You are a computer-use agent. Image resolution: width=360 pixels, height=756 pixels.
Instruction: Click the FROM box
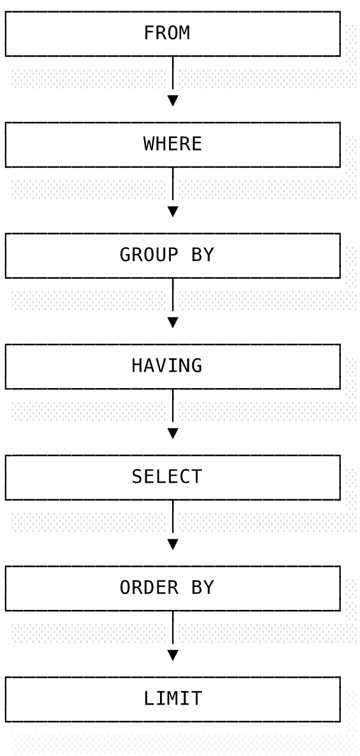pos(173,34)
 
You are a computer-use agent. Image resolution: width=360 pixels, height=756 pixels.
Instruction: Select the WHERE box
pos(173,145)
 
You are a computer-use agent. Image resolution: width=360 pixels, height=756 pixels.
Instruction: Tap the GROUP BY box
pos(173,255)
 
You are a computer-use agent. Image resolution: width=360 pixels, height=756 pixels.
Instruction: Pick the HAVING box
pos(173,367)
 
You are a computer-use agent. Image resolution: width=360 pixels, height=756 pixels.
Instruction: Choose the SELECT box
pos(173,477)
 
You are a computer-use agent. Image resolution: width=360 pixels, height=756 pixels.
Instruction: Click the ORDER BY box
pos(173,588)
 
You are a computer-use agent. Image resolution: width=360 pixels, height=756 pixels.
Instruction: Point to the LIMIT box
pos(173,699)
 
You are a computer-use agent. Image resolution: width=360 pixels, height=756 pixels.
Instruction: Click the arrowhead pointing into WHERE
pos(173,101)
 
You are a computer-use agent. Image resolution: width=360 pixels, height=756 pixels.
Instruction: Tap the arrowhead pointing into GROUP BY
pos(173,212)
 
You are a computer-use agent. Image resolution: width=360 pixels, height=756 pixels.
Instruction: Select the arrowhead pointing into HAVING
pos(173,323)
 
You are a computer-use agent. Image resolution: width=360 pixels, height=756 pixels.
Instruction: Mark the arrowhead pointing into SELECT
pos(173,433)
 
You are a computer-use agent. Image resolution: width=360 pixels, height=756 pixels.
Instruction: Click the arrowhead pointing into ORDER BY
pos(173,544)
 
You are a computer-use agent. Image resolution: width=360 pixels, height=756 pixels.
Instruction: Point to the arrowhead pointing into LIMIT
pos(173,655)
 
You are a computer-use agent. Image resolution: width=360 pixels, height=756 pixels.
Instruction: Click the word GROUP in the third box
pos(149,255)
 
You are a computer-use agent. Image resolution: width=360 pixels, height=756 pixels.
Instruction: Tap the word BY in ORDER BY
pos(203,587)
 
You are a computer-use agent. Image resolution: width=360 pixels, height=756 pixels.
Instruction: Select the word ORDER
pos(149,587)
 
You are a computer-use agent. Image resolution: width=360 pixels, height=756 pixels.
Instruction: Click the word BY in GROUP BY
pos(203,255)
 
